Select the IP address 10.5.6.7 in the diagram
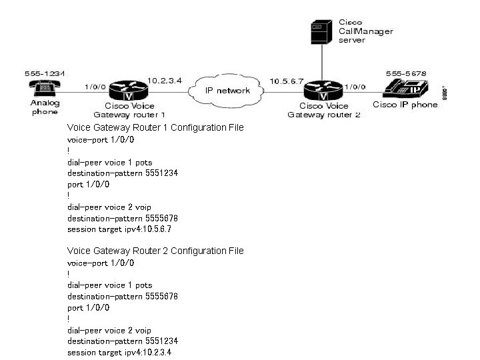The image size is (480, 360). pos(285,81)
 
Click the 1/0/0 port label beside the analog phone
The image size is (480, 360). pos(94,86)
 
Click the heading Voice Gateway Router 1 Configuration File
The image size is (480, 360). pos(155,127)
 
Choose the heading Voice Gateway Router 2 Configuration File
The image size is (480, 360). pos(155,251)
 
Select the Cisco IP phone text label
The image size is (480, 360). pos(405,105)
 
